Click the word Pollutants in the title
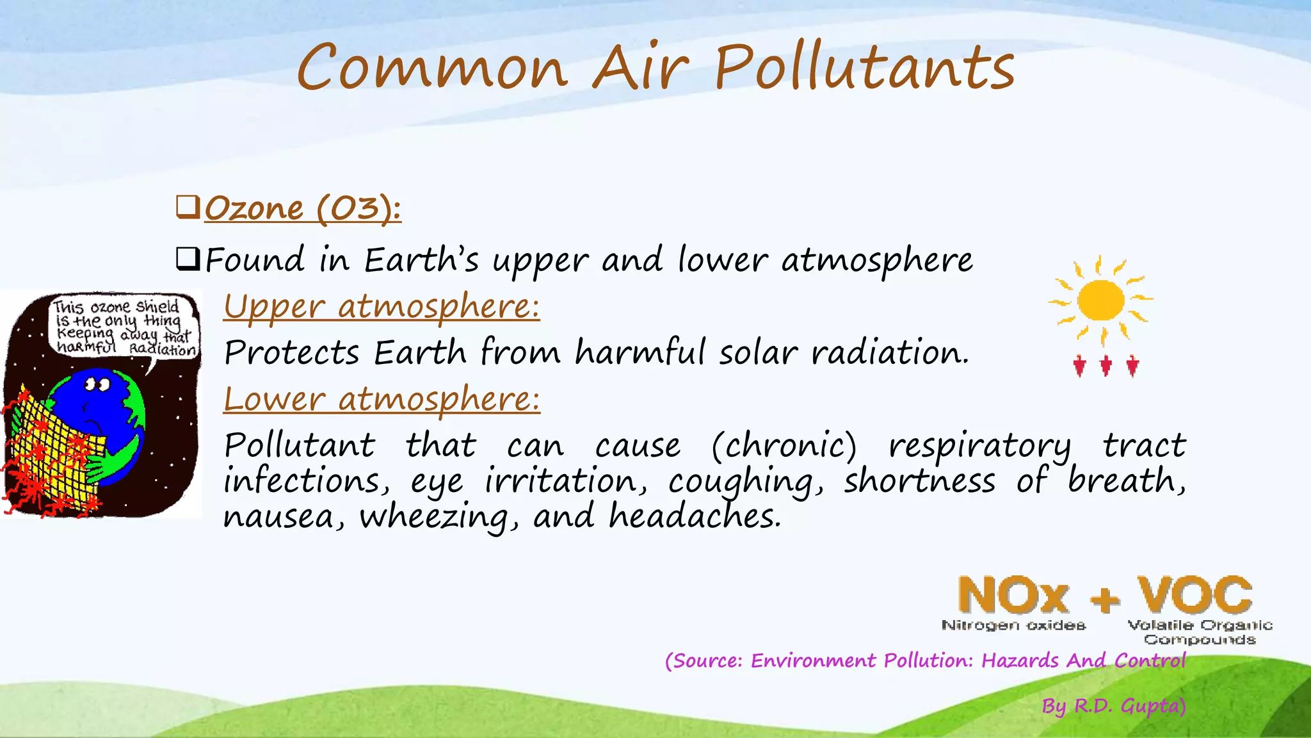click(x=864, y=67)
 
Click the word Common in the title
click(x=432, y=67)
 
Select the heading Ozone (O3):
click(x=303, y=209)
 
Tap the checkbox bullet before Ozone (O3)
click(x=188, y=208)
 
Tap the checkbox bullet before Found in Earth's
click(x=188, y=259)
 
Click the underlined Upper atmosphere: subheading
click(x=382, y=306)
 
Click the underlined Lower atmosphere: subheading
click(x=382, y=399)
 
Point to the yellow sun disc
click(x=1100, y=300)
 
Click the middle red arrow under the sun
click(x=1106, y=366)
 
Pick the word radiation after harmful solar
click(x=890, y=352)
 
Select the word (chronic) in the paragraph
click(x=784, y=445)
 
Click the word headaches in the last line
click(x=695, y=516)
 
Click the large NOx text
click(x=1013, y=596)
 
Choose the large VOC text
click(x=1194, y=596)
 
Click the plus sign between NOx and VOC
click(x=1106, y=600)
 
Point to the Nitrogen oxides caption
click(x=1013, y=625)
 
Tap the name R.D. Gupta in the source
click(x=1128, y=706)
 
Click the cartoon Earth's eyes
click(x=98, y=385)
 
